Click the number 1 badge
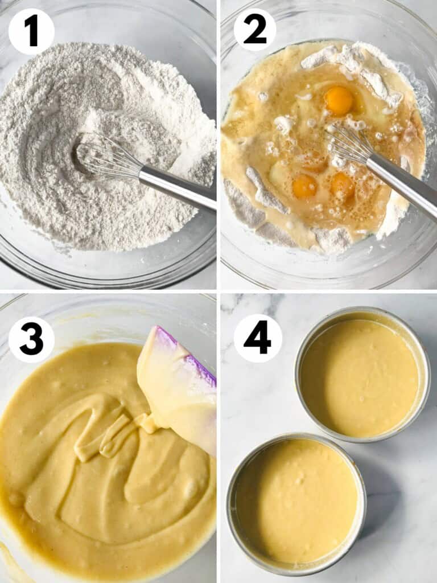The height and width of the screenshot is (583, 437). click(x=31, y=31)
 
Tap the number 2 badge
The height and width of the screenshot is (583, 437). click(x=255, y=30)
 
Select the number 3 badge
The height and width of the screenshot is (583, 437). click(x=31, y=340)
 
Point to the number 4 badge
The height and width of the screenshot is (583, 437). click(x=258, y=338)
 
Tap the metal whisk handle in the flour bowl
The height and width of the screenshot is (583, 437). click(x=176, y=187)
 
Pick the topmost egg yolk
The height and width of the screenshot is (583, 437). click(x=339, y=100)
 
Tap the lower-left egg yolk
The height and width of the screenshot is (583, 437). click(x=304, y=186)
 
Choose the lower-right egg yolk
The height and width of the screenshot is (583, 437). click(x=343, y=185)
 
